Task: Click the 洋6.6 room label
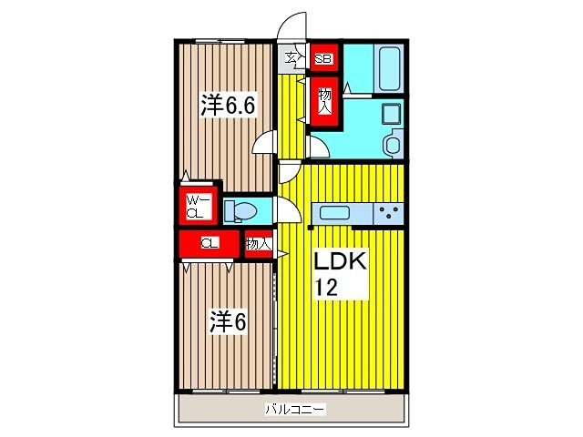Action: [x=227, y=105]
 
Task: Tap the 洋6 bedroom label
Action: [x=227, y=322]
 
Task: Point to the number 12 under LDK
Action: [x=326, y=289]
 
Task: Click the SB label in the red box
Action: [x=323, y=60]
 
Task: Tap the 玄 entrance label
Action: [x=291, y=59]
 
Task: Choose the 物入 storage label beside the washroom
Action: [x=324, y=99]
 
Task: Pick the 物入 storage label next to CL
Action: [x=258, y=244]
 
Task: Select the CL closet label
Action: [x=210, y=243]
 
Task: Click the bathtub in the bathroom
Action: [x=388, y=68]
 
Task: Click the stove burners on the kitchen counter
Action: [x=389, y=214]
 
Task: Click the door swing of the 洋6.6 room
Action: [x=266, y=143]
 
